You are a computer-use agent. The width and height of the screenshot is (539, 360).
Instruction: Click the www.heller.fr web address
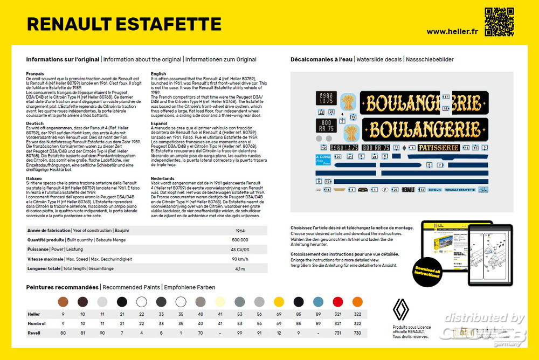[452, 31]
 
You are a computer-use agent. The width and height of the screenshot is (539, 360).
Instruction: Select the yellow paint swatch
[279, 302]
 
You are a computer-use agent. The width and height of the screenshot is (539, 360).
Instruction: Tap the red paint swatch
[338, 302]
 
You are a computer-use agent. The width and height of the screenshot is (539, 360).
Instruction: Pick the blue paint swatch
[319, 302]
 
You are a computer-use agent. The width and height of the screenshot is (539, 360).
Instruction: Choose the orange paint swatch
[357, 302]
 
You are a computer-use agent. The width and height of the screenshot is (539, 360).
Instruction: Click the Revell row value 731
[338, 333]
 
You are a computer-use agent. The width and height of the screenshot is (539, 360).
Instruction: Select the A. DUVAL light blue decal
[323, 160]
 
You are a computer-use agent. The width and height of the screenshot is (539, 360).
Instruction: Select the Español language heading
[160, 123]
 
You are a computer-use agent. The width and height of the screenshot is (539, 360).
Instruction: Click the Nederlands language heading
[163, 177]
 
